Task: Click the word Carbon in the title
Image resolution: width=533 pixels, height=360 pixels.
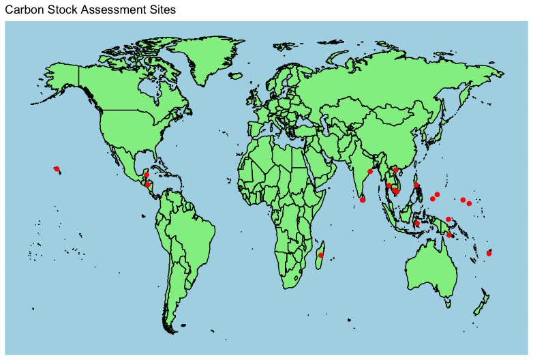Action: [x=24, y=10]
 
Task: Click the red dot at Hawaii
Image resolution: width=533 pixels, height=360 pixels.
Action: [x=57, y=168]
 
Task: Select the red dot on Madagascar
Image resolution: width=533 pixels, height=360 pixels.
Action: [x=320, y=255]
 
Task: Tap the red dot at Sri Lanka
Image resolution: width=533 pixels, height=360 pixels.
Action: [x=363, y=200]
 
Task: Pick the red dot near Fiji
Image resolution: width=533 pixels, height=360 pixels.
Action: [x=489, y=254]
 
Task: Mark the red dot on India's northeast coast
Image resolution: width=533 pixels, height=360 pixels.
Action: [x=370, y=171]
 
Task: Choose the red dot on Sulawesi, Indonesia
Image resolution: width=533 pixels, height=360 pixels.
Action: [x=417, y=223]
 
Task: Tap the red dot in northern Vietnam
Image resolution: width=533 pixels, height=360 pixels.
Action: [x=396, y=169]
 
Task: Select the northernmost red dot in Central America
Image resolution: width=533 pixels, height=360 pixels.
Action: [x=147, y=175]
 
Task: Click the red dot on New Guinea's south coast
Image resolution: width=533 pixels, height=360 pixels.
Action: [x=450, y=235]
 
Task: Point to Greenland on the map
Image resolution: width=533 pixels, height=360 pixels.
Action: [x=204, y=58]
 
